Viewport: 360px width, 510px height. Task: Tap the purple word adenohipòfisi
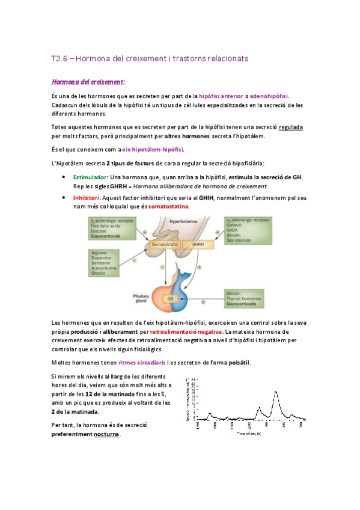(269, 96)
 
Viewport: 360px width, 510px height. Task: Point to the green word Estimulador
(90, 177)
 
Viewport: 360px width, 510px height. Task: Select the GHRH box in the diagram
(198, 245)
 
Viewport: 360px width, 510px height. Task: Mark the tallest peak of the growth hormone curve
(275, 393)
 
